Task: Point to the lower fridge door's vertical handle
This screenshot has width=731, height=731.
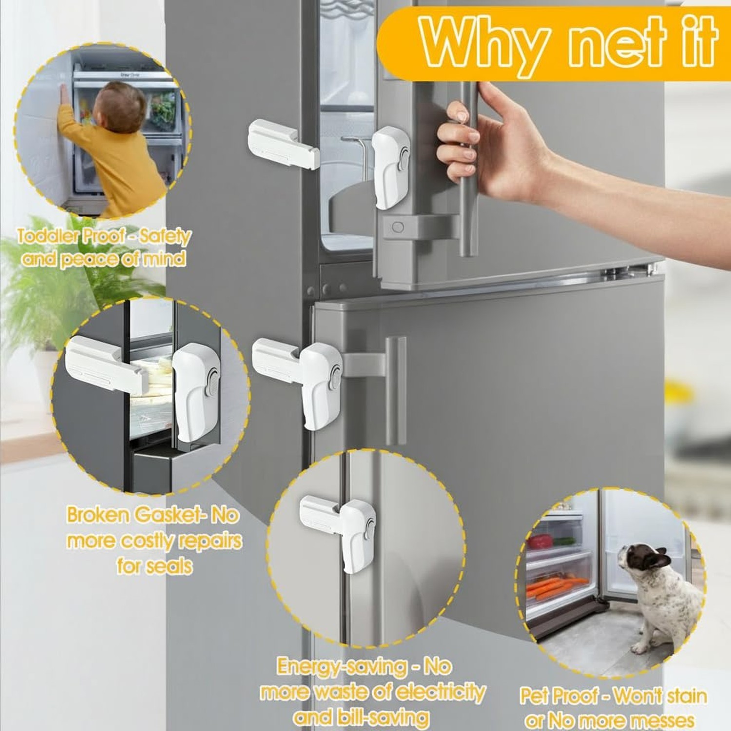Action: click(x=396, y=390)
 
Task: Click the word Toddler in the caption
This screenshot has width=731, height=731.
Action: click(x=49, y=236)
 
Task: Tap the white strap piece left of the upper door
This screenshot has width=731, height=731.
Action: click(x=283, y=144)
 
